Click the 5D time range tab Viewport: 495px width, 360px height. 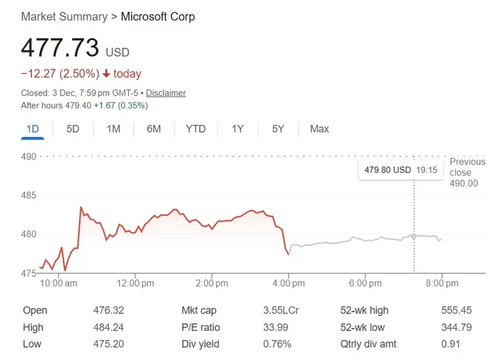pos(73,129)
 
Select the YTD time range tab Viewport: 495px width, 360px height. pos(196,129)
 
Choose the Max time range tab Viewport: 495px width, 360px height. pos(319,129)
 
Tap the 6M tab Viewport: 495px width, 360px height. pos(154,129)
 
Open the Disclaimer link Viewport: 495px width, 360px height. pos(166,93)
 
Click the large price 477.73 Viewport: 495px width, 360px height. pos(60,48)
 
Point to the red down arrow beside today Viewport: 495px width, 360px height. pos(107,74)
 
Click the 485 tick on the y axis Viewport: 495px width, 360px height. pos(29,196)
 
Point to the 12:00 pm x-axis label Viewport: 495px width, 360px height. pos(135,283)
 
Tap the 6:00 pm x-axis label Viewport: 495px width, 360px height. pos(365,283)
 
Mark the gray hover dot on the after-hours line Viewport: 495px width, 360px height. pos(414,235)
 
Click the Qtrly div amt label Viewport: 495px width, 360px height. pos(369,344)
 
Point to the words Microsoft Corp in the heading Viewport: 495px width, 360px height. pos(157,17)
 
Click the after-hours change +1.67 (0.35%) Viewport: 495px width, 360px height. pos(120,105)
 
